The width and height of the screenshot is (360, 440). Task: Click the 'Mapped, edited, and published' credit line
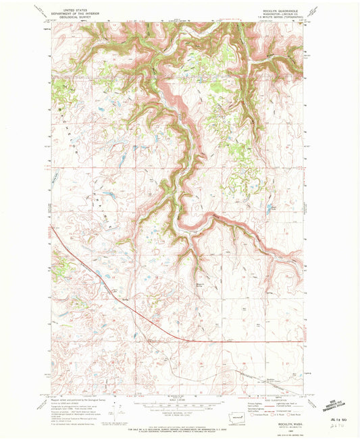tap(74, 395)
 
